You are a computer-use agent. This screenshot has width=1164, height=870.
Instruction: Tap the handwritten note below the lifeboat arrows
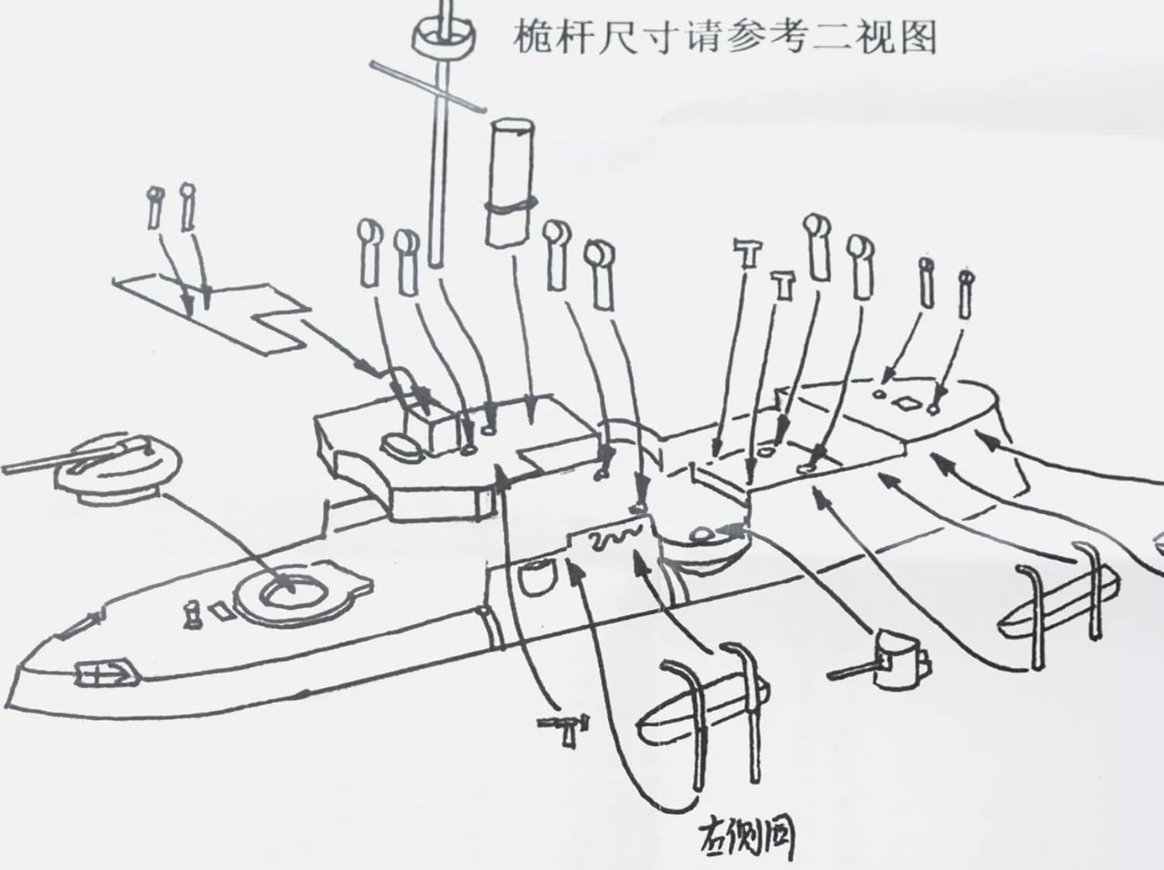[744, 836]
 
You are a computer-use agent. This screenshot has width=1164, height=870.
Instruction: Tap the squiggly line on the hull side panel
[613, 538]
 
